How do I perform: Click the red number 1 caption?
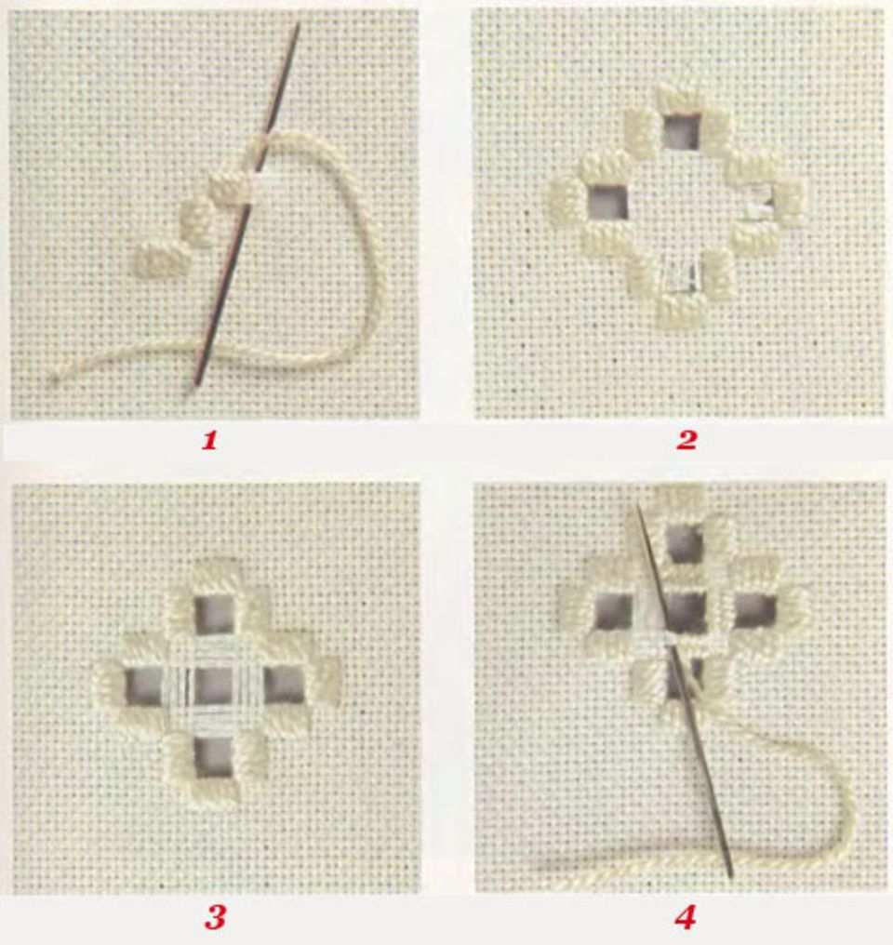tap(209, 441)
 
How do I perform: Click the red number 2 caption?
tap(686, 441)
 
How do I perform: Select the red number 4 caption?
tap(686, 918)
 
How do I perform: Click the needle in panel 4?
tap(686, 690)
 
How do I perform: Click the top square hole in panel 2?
tap(681, 131)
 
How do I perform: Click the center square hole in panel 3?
tap(214, 686)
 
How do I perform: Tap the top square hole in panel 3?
tap(215, 616)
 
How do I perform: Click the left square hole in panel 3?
tap(143, 685)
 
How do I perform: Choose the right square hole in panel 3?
tap(285, 685)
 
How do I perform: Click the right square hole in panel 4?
tap(756, 612)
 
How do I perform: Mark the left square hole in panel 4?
tap(613, 613)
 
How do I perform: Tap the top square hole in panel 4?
tap(686, 543)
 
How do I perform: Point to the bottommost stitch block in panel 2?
tap(682, 310)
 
